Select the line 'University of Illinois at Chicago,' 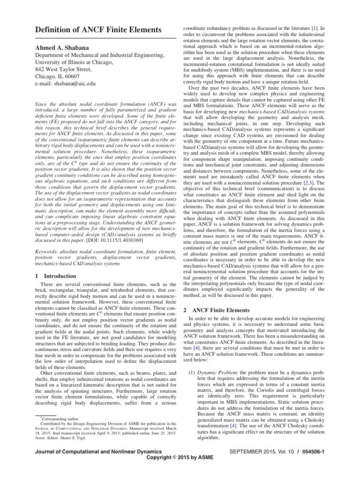pyautogui.click(x=81, y=62)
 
